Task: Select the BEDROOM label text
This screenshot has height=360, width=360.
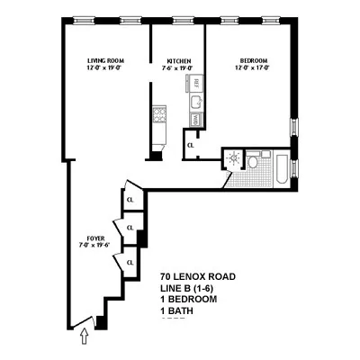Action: coord(253,60)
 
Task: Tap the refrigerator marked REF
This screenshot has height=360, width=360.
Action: coord(195,84)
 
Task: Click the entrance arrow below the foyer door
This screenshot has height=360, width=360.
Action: coord(85,337)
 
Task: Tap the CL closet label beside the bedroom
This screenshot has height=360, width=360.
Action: coord(191,144)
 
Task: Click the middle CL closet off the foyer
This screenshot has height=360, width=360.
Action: coord(130,228)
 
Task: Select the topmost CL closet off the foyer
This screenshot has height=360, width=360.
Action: coord(130,200)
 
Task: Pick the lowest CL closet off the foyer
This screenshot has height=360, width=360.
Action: coord(130,262)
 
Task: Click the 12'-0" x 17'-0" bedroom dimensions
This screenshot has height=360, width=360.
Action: coord(253,67)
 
